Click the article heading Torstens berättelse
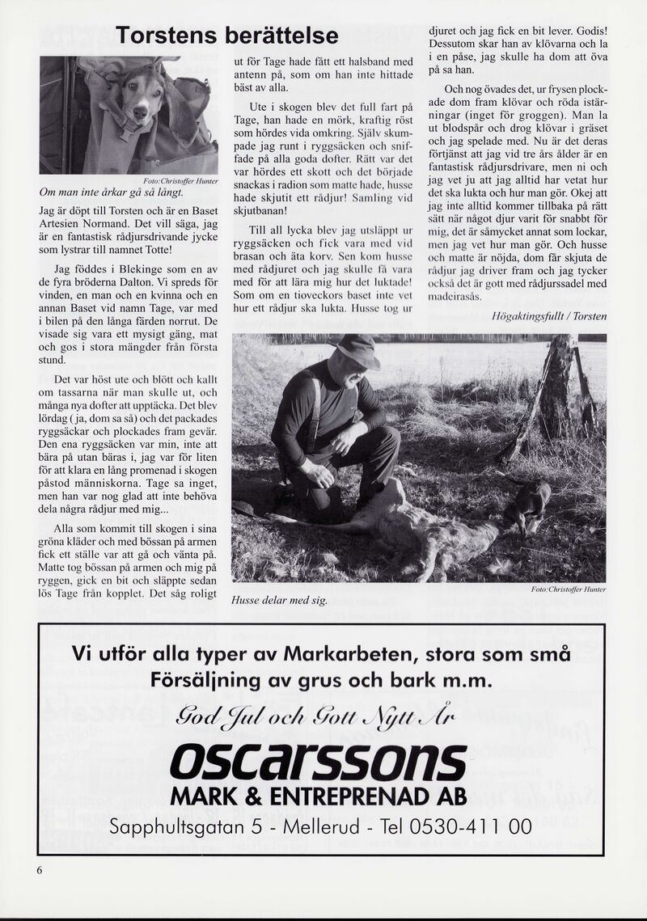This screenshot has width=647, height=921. tap(226, 36)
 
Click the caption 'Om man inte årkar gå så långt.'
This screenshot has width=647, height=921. tap(112, 193)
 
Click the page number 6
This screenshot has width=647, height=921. tap(38, 870)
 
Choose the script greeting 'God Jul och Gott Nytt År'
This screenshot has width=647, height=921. tap(319, 715)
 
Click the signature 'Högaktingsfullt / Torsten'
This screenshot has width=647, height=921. tap(548, 316)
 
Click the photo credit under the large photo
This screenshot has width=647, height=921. tap(569, 589)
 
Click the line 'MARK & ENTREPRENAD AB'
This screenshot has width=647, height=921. tap(319, 797)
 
